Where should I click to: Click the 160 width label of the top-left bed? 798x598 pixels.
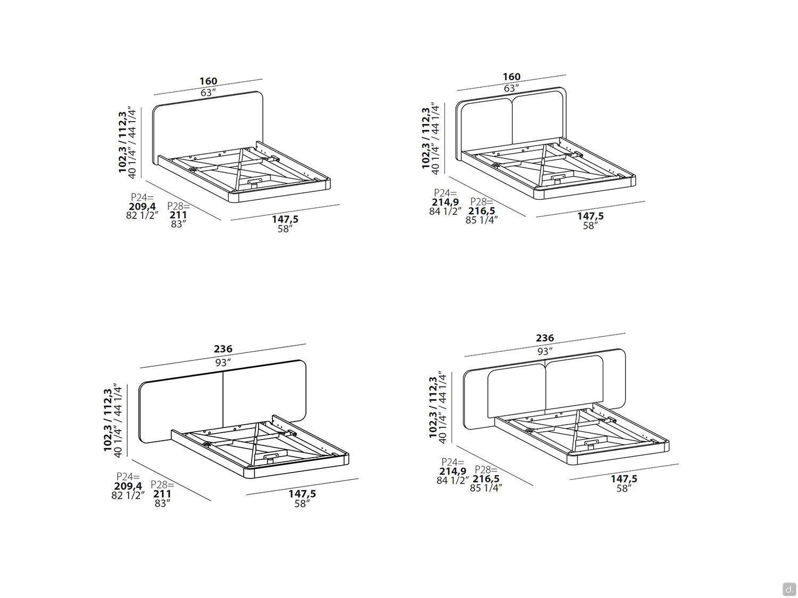coord(209,81)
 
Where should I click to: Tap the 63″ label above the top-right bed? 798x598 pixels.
coord(511,88)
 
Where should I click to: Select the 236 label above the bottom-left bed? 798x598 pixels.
coord(223,349)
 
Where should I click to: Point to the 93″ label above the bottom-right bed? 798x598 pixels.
coord(545,351)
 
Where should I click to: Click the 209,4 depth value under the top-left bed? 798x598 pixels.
coord(142,207)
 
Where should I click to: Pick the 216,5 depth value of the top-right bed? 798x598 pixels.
coord(481,211)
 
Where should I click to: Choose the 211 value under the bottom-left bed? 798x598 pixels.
coord(162,494)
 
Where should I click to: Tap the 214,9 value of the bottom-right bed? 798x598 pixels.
coord(453,471)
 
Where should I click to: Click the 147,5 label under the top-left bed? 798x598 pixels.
coord(285,220)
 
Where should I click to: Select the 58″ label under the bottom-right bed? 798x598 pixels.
coord(624,488)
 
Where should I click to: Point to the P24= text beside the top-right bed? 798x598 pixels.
coord(445,192)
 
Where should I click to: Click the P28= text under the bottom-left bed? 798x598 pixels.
coord(162,484)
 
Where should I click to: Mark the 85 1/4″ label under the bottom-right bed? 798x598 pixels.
coord(486,487)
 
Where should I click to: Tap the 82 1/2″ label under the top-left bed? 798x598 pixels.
coord(142,215)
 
